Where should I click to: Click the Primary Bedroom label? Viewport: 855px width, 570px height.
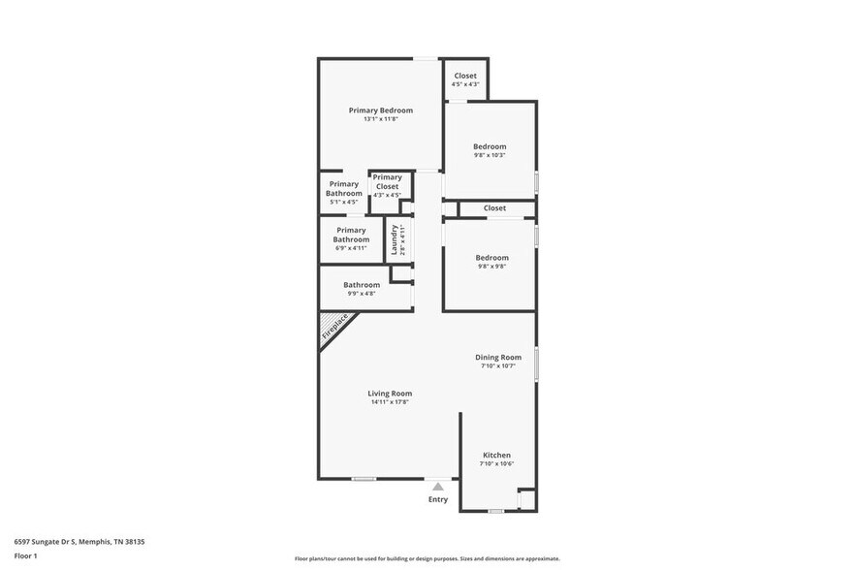(381, 111)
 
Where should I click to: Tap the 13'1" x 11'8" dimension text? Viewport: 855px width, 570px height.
(381, 119)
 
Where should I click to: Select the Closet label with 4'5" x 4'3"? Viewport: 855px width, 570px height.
(465, 76)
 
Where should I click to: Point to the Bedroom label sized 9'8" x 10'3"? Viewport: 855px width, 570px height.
(490, 146)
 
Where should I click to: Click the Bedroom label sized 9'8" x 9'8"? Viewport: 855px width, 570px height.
(491, 257)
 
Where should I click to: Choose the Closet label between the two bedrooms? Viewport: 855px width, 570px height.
(494, 208)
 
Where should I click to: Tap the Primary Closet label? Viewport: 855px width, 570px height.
(387, 182)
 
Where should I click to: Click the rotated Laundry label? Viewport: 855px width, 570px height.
(395, 239)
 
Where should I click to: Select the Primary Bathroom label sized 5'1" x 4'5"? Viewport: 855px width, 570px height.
(344, 189)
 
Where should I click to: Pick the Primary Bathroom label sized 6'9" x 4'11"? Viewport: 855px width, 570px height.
(351, 235)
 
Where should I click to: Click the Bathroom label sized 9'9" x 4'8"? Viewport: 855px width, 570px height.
(362, 285)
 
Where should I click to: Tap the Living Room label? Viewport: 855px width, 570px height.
(390, 394)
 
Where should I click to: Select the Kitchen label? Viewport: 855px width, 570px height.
(496, 456)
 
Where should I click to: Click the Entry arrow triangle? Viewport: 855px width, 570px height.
(438, 487)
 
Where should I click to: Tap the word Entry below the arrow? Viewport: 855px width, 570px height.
(438, 500)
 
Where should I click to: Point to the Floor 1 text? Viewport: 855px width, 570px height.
(26, 555)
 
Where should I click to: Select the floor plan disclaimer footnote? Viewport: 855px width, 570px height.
(427, 559)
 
